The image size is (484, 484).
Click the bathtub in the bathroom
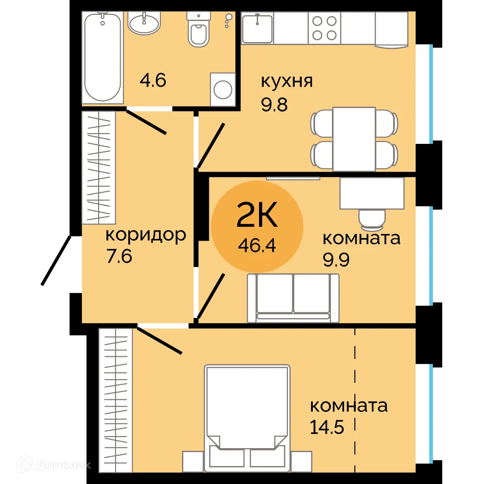(103, 57)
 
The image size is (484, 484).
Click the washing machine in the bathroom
(223, 90)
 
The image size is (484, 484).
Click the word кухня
(287, 82)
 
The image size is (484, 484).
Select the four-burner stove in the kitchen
(324, 28)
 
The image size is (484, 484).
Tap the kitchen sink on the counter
(257, 28)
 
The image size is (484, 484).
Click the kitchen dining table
(354, 139)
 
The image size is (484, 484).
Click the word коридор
(145, 234)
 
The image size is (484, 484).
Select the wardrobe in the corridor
(99, 167)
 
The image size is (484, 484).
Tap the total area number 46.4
(257, 246)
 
